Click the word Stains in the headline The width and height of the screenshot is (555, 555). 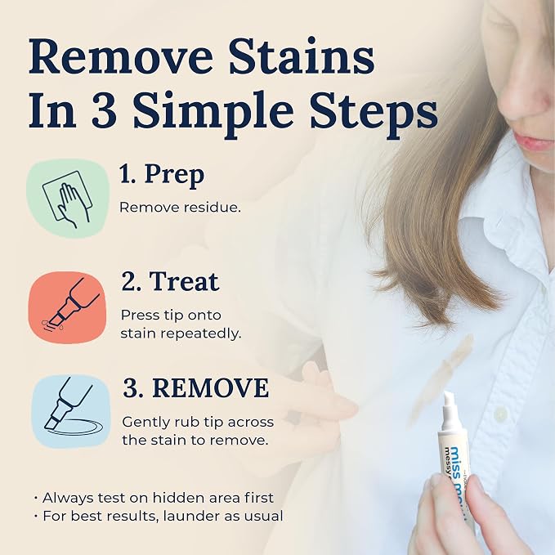302,57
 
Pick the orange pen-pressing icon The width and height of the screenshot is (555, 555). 67,307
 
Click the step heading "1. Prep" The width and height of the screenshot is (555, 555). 162,175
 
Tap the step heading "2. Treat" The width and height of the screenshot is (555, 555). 170,282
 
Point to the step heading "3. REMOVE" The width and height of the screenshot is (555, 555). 195,388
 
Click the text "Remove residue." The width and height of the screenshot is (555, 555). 180,208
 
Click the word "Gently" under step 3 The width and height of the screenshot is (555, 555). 145,423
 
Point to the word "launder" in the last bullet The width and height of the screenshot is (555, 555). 190,516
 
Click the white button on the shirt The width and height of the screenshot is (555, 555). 501,414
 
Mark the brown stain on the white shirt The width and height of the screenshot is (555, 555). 441,378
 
